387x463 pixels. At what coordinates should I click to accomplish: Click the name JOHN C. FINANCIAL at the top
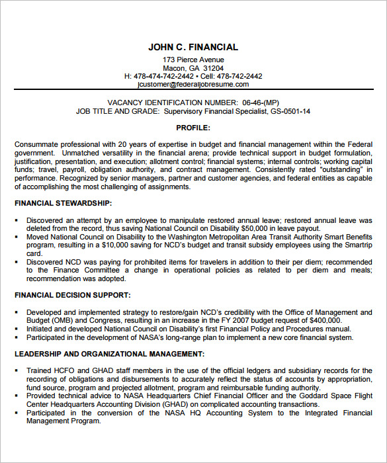coord(193,47)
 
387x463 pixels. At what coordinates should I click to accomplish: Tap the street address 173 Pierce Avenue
coord(193,60)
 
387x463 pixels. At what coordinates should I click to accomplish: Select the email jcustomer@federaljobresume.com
coord(193,84)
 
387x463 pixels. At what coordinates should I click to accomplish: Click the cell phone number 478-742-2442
coord(240,76)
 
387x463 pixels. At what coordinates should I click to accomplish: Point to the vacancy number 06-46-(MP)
coord(261,103)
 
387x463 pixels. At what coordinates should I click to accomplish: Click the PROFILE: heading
coord(193,128)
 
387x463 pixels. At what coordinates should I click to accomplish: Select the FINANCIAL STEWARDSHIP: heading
coord(63,203)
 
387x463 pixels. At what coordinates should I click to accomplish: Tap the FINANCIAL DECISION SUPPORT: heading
coord(72,295)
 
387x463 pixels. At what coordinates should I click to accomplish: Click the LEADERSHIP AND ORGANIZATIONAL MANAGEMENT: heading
coord(109,354)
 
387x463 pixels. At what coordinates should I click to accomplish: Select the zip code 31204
coord(213,68)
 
